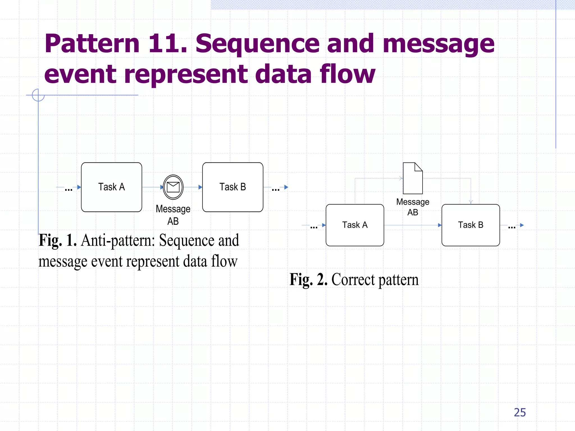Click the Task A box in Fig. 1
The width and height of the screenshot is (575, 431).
[x=111, y=187]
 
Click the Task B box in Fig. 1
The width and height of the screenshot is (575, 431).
[x=232, y=187]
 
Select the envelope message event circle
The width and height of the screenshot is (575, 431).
[x=173, y=187]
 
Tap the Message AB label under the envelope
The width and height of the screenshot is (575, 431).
[x=173, y=215]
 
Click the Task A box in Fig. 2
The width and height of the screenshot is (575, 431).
[x=355, y=225]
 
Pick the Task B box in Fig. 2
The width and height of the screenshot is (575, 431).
[x=471, y=225]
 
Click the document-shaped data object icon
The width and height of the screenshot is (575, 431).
[x=412, y=178]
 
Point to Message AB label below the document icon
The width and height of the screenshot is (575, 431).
[x=412, y=207]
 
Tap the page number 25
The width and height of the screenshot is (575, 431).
[x=520, y=412]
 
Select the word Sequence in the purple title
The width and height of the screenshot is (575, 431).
[x=257, y=43]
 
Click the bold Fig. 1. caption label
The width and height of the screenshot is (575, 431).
[x=58, y=240]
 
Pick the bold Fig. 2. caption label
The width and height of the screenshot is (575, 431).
[x=308, y=279]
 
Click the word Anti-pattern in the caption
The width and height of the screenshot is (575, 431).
[x=118, y=241]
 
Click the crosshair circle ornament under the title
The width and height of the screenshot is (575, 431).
[x=38, y=95]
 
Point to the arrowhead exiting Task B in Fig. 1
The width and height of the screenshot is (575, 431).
[x=286, y=187]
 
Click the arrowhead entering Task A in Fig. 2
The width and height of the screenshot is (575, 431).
[x=324, y=225]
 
